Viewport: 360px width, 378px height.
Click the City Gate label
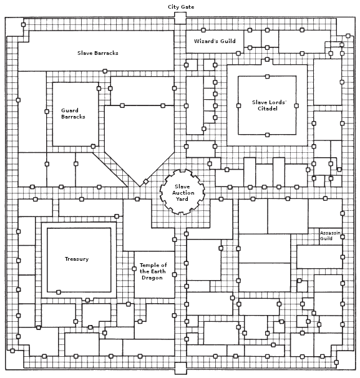coord(181,7)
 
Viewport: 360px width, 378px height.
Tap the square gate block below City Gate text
coord(180,18)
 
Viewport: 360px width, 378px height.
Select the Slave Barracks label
coord(98,53)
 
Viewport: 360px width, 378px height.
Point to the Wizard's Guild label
coord(215,41)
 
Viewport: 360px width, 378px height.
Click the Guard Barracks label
coord(73,114)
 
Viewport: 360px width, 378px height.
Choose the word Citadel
coord(268,109)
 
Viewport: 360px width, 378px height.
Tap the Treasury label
coord(77,259)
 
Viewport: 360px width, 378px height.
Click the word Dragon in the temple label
coord(152,278)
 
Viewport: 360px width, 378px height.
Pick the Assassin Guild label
coord(330,236)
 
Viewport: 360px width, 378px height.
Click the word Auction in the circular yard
coord(183,193)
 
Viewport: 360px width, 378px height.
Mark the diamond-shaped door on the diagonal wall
coord(145,182)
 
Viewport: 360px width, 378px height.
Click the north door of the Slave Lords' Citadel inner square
coord(267,77)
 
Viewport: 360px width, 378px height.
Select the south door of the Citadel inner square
coord(267,135)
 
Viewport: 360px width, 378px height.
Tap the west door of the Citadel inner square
coord(239,105)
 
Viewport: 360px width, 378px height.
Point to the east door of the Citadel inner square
coord(296,105)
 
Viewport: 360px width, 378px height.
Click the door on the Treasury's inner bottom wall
coord(59,292)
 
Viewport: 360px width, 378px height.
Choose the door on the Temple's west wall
coord(134,269)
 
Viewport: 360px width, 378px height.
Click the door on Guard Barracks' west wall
coord(47,112)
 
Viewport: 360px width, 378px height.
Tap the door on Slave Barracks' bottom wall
coord(105,71)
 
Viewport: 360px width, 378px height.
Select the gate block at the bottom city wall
coord(180,368)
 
